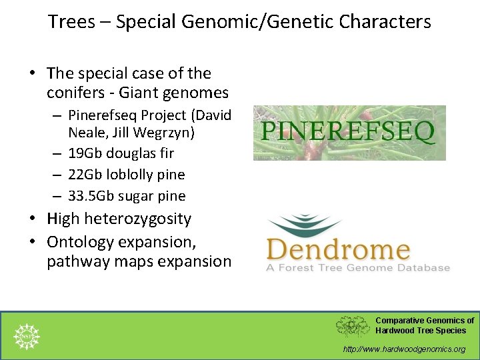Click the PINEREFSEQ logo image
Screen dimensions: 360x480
[x=349, y=132]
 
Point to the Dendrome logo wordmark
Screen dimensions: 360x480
[x=338, y=250]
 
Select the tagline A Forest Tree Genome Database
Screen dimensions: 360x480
[x=358, y=268]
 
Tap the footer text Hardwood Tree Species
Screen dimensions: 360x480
[x=421, y=331]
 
